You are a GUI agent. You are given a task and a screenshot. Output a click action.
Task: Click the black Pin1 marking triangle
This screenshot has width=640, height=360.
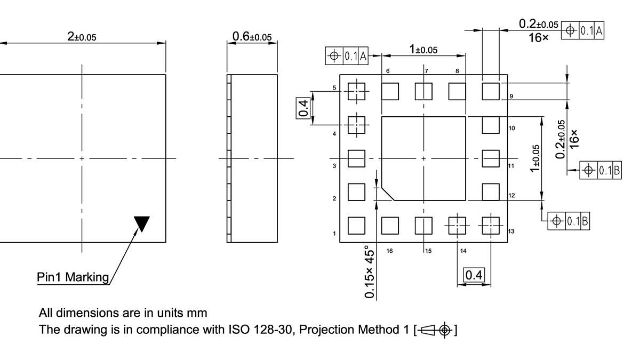tap(142, 222)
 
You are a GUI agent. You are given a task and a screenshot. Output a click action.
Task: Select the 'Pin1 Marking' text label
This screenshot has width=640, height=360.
tap(73, 277)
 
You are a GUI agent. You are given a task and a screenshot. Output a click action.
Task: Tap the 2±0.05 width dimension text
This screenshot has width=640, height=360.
tap(82, 36)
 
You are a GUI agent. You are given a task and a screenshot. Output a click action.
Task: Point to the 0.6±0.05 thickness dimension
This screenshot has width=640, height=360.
tap(252, 36)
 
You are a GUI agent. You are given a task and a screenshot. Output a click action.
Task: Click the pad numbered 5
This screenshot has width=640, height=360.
tap(356, 92)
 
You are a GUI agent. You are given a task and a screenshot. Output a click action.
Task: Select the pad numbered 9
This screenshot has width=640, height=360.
tap(491, 92)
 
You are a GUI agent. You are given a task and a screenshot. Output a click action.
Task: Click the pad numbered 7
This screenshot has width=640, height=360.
tap(423, 92)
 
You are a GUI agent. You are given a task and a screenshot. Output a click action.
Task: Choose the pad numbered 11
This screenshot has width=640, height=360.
tap(491, 158)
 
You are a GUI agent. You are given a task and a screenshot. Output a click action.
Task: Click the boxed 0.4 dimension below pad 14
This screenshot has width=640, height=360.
tap(474, 275)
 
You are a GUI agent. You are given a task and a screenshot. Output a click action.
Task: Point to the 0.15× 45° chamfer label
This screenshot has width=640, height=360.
tap(369, 272)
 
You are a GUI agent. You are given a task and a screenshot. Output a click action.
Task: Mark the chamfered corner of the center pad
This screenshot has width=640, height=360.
tap(388, 194)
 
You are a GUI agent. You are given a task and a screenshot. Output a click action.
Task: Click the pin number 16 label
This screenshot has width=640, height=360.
tap(390, 250)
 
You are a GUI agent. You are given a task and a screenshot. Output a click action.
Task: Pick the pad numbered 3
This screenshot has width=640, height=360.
tap(356, 158)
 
